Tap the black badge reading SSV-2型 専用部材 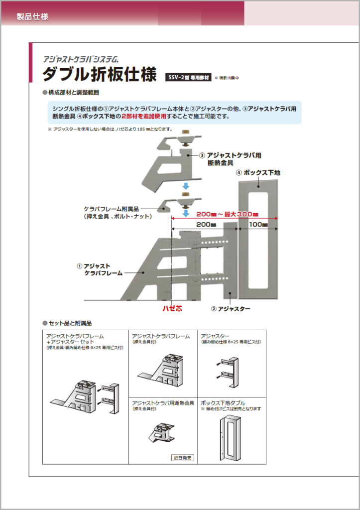188,78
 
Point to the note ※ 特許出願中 227,78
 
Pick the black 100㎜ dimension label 258,225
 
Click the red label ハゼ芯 172,309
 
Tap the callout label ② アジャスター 231,309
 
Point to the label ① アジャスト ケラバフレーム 99,269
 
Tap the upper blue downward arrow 185,186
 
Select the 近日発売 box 183,457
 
